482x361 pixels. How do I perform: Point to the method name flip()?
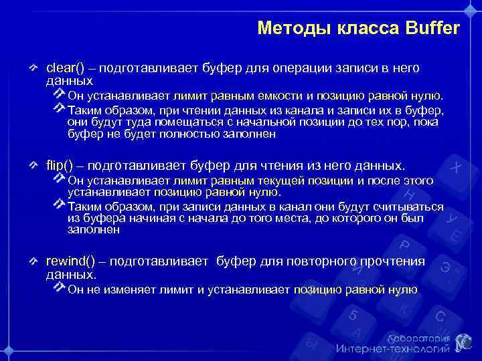coord(60,164)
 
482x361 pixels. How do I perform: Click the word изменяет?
coord(120,289)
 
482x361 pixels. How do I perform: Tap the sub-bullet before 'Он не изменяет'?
coord(60,288)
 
